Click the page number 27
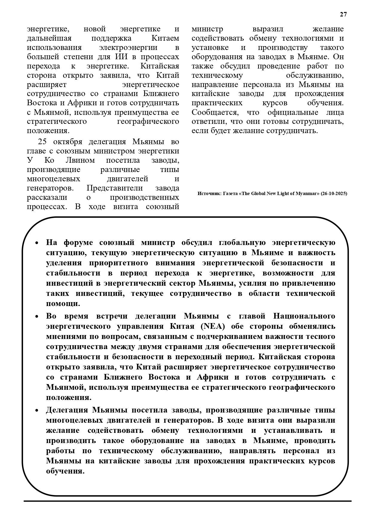click(x=343, y=14)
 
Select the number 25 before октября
click(x=42, y=141)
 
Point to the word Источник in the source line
click(x=209, y=194)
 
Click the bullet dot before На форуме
click(x=37, y=243)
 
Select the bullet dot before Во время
click(x=37, y=316)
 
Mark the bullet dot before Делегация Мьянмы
click(x=37, y=410)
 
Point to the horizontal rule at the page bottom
click(x=187, y=501)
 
